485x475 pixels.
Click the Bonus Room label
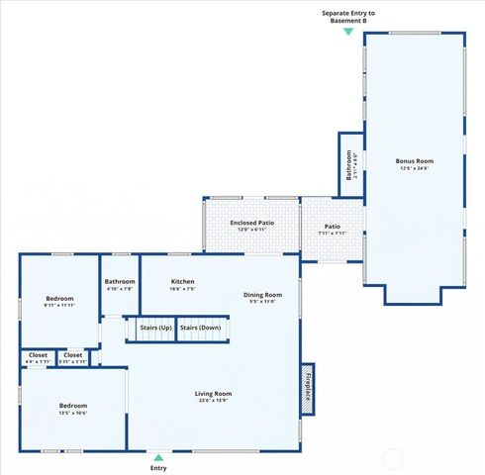pos(415,160)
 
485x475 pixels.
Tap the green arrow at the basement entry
pos(348,32)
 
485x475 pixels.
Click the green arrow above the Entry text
pos(158,457)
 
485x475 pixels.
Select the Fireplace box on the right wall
pos(308,384)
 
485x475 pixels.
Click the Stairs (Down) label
pos(200,328)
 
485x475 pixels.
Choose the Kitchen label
pos(182,282)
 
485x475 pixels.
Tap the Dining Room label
pos(263,295)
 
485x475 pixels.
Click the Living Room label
pos(213,394)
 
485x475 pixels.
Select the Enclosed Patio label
pos(251,224)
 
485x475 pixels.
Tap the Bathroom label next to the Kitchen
pos(120,282)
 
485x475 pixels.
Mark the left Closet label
pos(38,355)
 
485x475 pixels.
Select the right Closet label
pos(73,355)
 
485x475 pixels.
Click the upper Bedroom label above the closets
pos(58,299)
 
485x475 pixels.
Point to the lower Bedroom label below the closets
pos(72,406)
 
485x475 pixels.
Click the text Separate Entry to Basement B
pos(348,16)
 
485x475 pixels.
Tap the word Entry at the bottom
pos(158,468)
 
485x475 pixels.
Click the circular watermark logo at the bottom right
pos(394,458)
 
